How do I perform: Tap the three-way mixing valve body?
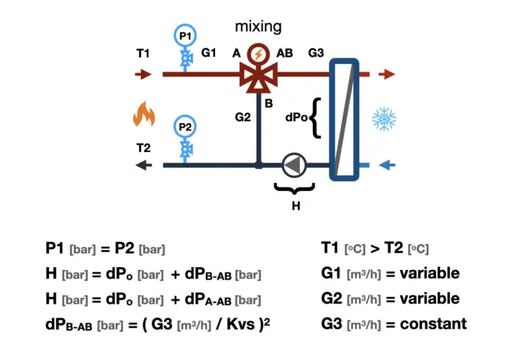point(258,77)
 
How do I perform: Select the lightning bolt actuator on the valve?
point(258,54)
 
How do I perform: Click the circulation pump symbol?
point(294,165)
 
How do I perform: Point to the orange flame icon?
point(144,114)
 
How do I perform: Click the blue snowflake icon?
point(384,119)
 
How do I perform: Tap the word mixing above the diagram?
point(258,27)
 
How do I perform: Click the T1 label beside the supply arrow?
point(143,53)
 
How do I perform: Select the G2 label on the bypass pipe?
point(243,117)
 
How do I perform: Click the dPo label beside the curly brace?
point(296,117)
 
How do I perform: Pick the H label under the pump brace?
point(296,206)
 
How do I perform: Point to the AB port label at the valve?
point(284,53)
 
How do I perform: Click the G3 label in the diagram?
point(316,53)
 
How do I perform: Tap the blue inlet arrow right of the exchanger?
point(387,165)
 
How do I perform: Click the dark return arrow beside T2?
point(144,165)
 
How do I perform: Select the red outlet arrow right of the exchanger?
point(387,74)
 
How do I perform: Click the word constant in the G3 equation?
point(433,324)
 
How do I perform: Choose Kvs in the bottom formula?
point(240,324)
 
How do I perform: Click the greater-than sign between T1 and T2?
point(375,248)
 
